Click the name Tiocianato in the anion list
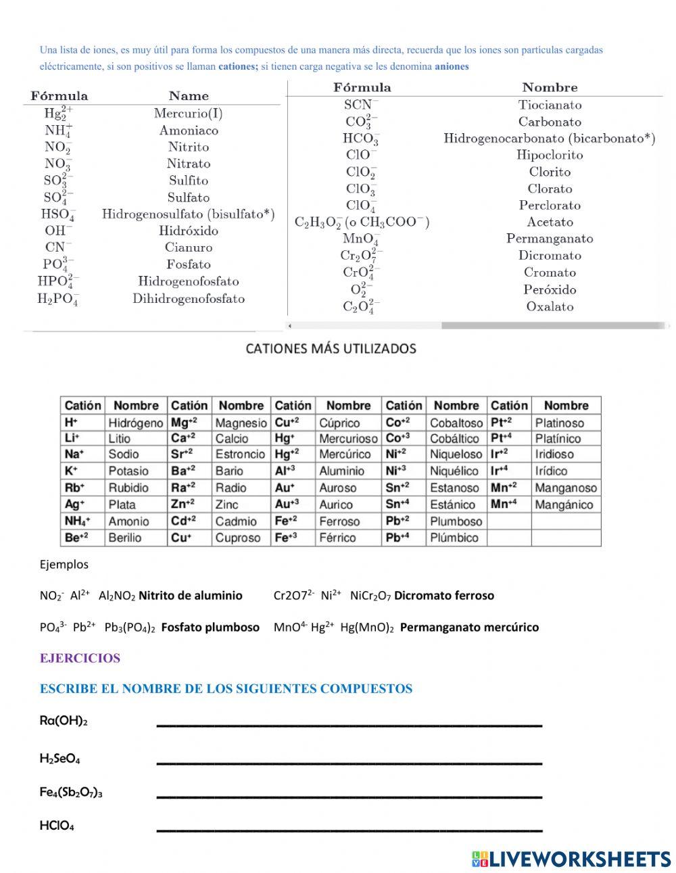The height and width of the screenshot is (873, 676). click(x=550, y=105)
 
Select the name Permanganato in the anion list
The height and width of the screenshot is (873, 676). click(x=550, y=239)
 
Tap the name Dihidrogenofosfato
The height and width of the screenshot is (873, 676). click(x=189, y=299)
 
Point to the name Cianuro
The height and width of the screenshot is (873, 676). click(x=189, y=247)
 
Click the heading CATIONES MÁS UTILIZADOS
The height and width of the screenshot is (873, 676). click(x=331, y=349)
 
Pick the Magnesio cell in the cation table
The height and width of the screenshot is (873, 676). click(x=241, y=423)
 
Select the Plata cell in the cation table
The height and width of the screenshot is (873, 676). click(x=122, y=504)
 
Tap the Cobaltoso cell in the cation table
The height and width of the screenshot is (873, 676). click(x=456, y=423)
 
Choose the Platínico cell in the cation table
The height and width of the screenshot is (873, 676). click(x=558, y=438)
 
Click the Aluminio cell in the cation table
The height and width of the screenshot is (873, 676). click(x=341, y=471)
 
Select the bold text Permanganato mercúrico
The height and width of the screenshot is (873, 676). click(x=469, y=628)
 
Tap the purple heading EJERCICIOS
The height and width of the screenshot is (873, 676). click(x=80, y=659)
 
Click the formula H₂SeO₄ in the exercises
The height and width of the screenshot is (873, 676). click(x=59, y=759)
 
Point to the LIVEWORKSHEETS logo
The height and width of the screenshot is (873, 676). click(x=571, y=859)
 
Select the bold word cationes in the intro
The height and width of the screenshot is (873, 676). click(x=238, y=67)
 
